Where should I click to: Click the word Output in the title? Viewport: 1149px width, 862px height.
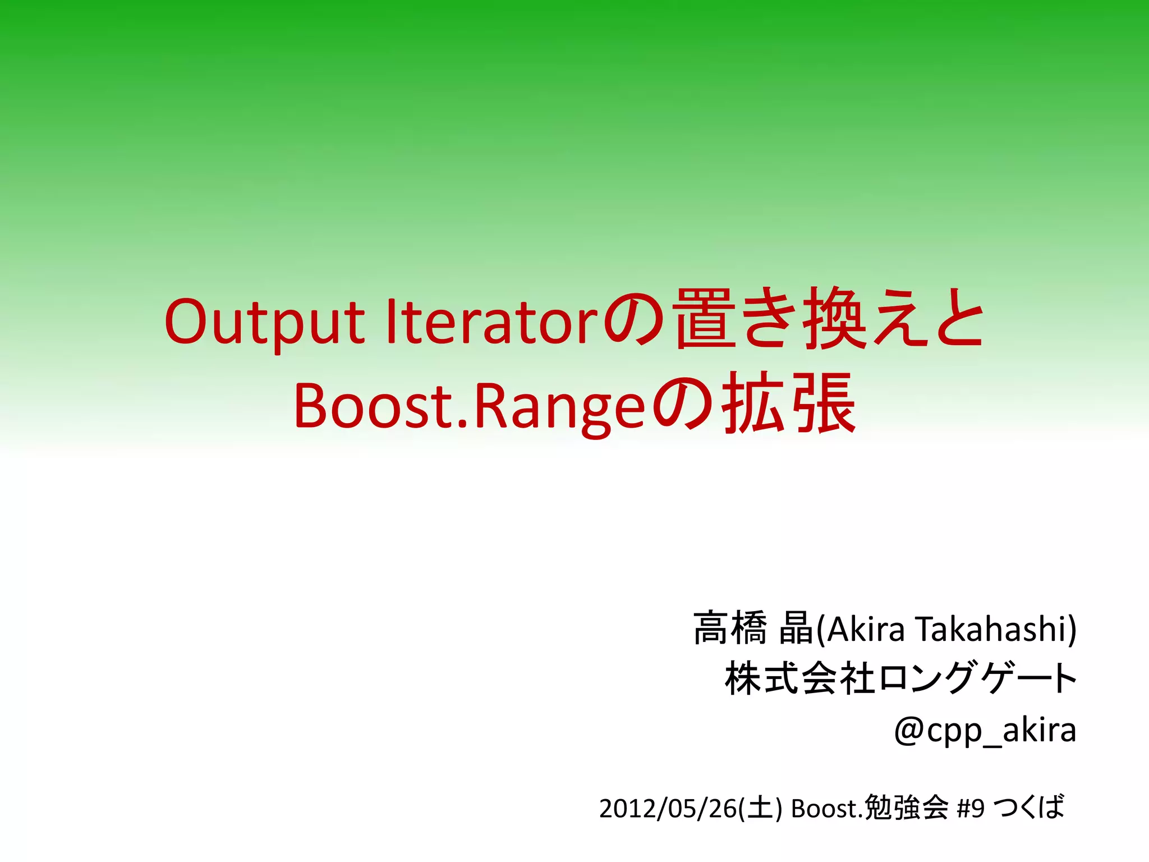[264, 323]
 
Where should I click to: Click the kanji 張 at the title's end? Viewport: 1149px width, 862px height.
[825, 404]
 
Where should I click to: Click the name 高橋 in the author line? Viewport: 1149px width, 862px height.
[730, 629]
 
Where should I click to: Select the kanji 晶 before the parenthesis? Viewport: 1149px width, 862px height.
[796, 629]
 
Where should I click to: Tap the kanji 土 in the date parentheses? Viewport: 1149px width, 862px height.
[760, 809]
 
